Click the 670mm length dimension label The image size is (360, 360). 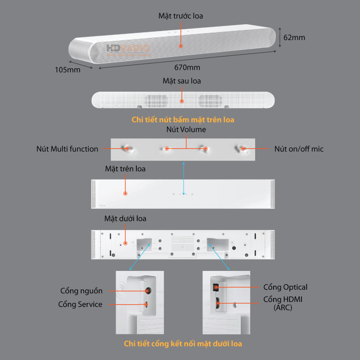(x=187, y=67)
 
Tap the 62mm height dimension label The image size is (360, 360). (x=294, y=37)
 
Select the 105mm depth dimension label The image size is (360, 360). (x=67, y=70)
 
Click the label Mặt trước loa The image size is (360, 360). (x=180, y=16)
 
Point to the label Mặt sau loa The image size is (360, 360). (x=182, y=81)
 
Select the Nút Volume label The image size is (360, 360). (x=186, y=130)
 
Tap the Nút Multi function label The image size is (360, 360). (x=67, y=148)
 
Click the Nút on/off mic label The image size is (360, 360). (x=299, y=148)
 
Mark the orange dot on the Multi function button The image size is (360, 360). (x=127, y=148)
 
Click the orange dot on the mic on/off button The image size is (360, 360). (x=243, y=148)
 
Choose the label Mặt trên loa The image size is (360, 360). (x=125, y=169)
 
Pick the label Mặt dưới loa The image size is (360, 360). (x=125, y=219)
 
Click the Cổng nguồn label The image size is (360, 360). (x=81, y=291)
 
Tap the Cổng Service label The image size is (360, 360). (x=80, y=304)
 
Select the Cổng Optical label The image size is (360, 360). (x=285, y=287)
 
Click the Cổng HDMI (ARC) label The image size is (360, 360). (x=285, y=303)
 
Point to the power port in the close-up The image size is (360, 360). (x=147, y=291)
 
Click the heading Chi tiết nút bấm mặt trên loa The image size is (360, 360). (x=183, y=120)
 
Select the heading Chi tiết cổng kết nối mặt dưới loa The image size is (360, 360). (x=183, y=344)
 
